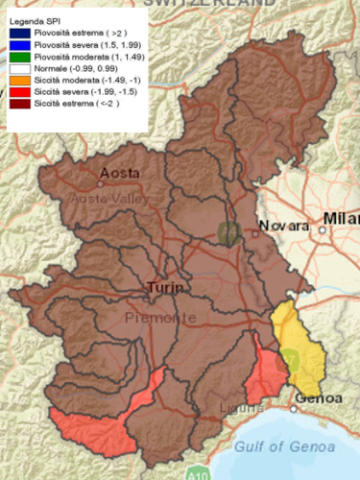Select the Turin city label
click(x=165, y=287)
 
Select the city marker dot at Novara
click(x=256, y=229)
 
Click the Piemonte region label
click(x=159, y=318)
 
